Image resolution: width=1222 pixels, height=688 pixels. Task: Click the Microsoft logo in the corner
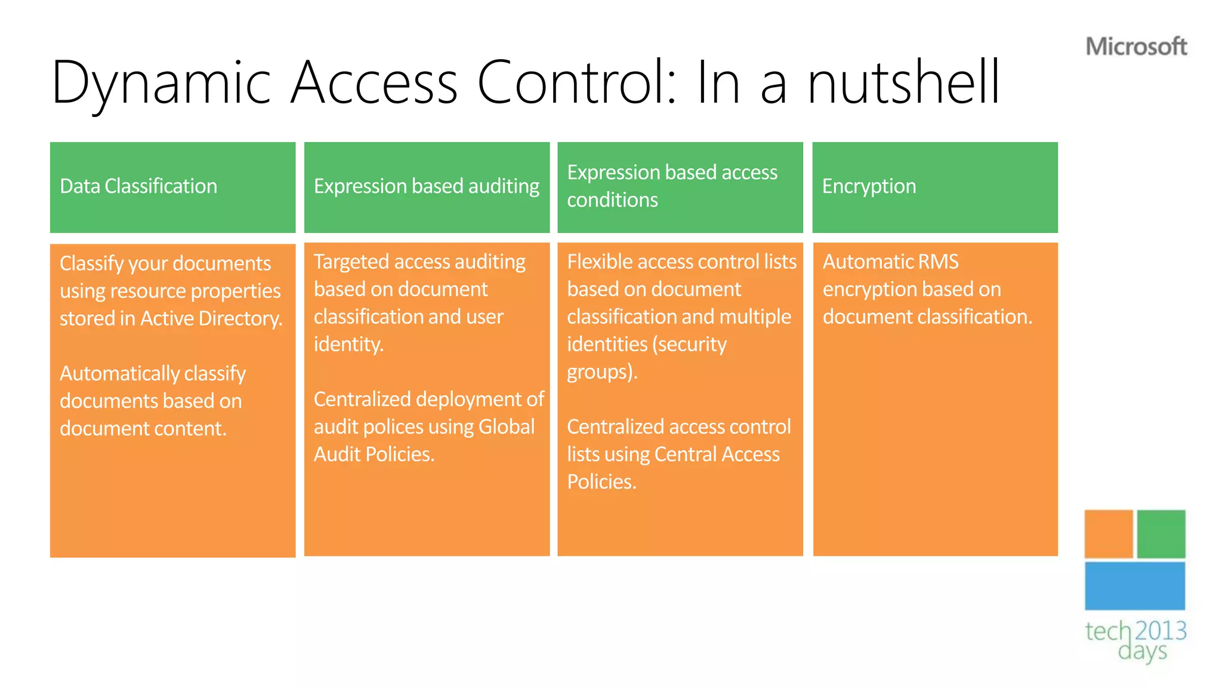[1136, 47]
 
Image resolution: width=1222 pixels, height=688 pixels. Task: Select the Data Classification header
[138, 186]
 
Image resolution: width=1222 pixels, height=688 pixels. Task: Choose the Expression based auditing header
[427, 186]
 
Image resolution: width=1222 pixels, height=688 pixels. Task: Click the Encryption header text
[869, 186]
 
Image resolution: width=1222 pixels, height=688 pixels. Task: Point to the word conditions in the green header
[612, 200]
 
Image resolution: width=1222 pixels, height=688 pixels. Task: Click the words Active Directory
[211, 318]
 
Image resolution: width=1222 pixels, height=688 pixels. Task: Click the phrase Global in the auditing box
[507, 427]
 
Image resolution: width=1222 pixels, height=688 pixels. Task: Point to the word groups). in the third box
[602, 372]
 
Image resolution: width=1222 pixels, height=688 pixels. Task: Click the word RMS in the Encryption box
[938, 262]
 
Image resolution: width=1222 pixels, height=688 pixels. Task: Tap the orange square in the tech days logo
[1108, 534]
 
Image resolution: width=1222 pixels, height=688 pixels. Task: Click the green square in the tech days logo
[1161, 534]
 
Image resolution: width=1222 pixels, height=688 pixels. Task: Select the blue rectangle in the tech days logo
[1135, 586]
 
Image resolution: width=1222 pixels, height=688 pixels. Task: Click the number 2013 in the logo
[1161, 631]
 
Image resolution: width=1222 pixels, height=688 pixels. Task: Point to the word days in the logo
[1142, 652]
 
